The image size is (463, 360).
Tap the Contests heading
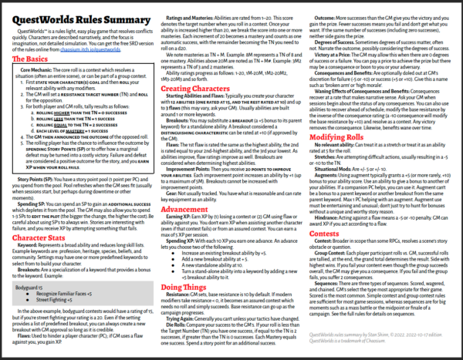[326, 237]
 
